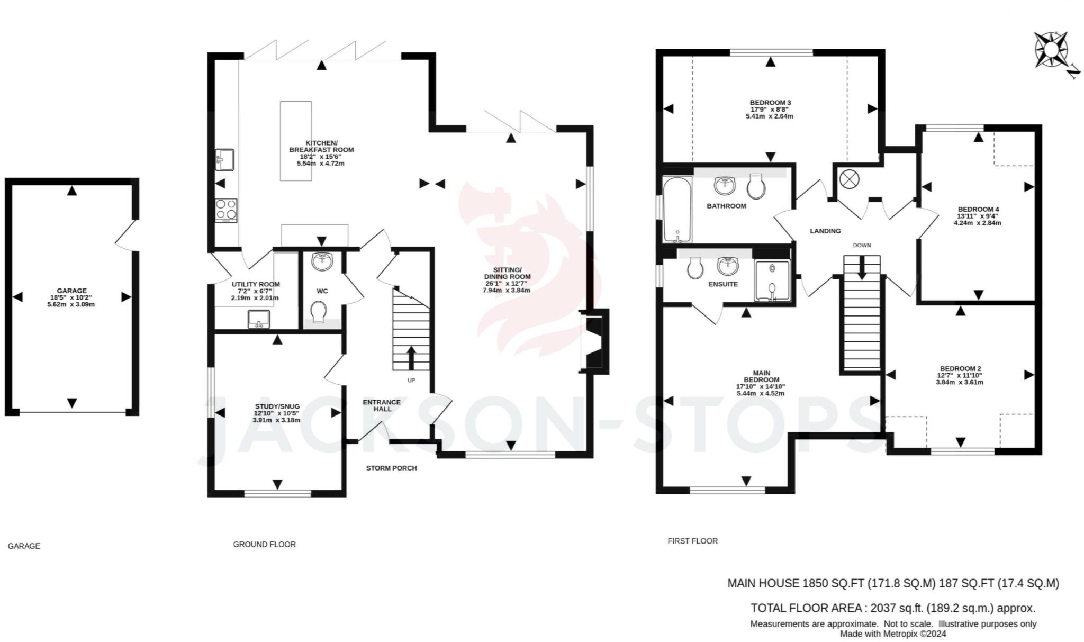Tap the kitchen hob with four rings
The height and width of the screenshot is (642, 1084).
(x=226, y=210)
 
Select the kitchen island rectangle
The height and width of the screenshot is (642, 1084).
(x=295, y=141)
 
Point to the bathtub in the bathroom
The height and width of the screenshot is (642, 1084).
(x=677, y=209)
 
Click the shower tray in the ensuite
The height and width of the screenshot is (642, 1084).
(x=772, y=281)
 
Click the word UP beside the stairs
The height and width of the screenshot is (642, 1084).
(x=411, y=381)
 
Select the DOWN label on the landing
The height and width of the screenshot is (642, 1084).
(x=862, y=245)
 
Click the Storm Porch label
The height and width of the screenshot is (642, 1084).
(x=392, y=468)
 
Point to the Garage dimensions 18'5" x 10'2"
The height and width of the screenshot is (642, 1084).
(x=71, y=297)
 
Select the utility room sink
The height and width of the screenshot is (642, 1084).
(x=259, y=319)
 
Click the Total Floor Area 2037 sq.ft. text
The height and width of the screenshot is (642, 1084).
(x=893, y=608)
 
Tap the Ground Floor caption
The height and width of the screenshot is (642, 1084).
(x=264, y=544)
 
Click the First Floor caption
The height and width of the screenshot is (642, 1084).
(x=692, y=541)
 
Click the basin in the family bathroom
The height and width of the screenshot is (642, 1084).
(x=724, y=185)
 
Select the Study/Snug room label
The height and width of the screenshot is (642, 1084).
(x=277, y=406)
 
